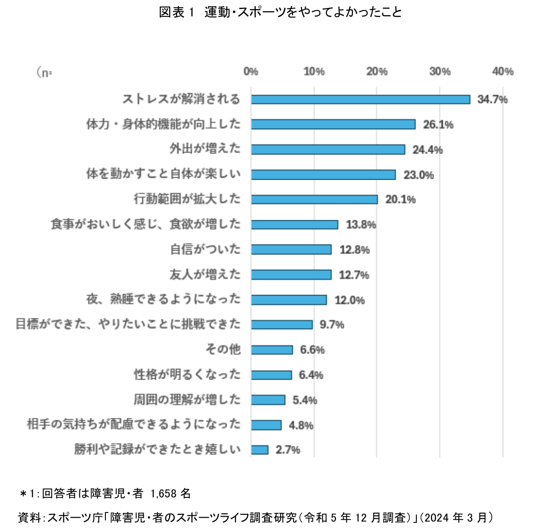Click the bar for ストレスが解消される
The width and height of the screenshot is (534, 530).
360,99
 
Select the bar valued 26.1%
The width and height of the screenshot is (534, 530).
333,124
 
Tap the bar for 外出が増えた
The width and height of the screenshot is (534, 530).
328,149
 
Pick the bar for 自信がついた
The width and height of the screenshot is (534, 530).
291,249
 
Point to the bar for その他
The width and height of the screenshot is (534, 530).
272,350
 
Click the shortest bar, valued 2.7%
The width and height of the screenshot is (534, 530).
259,450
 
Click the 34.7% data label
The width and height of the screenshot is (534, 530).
492,99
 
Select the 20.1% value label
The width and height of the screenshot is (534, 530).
400,200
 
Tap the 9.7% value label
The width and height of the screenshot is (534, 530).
332,325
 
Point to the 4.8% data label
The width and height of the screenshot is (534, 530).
301,425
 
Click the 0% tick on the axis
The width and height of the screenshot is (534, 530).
251,71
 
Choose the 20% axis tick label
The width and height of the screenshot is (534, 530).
377,71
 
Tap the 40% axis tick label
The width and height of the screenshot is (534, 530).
502,71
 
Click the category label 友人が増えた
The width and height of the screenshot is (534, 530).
205,274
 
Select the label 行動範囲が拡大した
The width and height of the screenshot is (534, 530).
187,199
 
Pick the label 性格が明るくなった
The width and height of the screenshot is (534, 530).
187,374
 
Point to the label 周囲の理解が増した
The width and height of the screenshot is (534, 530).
187,400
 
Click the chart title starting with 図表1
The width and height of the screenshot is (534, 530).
280,12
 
